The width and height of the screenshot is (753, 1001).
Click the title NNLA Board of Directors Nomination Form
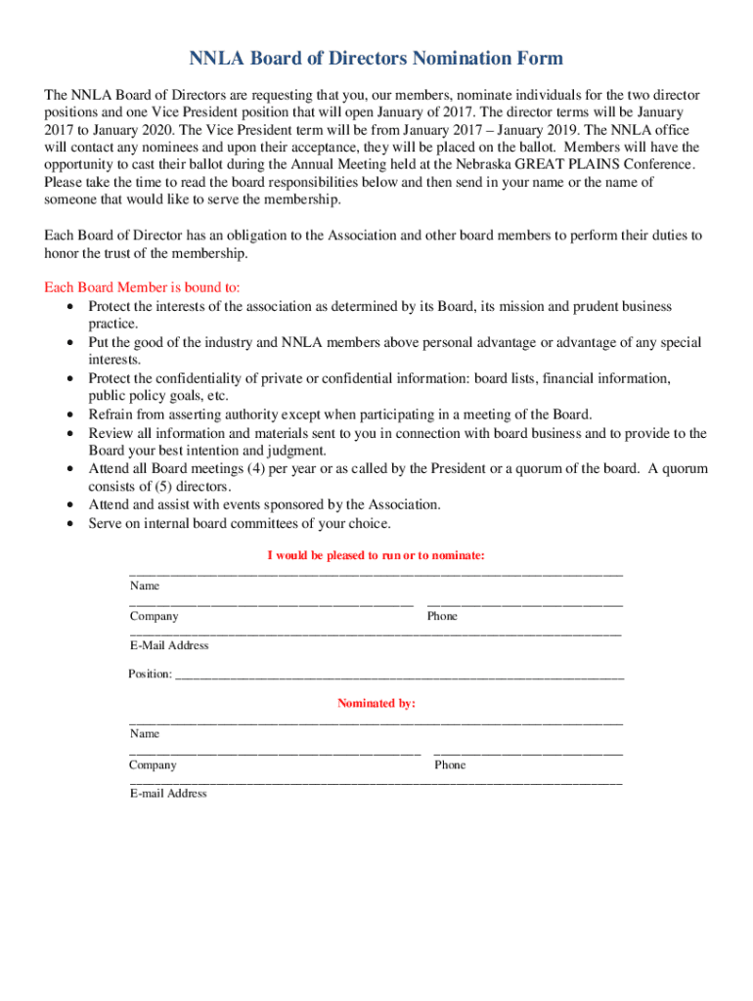pos(376,59)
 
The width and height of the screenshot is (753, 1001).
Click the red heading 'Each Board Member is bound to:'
pos(142,287)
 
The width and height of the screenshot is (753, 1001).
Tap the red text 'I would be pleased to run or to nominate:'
pos(376,555)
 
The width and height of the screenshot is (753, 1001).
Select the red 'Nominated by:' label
pos(376,703)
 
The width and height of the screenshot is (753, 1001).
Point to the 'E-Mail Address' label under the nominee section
pos(169,645)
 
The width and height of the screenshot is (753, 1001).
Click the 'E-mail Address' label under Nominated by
pos(168,793)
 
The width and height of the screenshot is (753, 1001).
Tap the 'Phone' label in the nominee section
pos(442,616)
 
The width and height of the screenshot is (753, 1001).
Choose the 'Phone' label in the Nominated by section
pos(450,764)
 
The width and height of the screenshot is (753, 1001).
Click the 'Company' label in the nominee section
pos(155,616)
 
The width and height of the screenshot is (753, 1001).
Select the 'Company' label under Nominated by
pos(154,764)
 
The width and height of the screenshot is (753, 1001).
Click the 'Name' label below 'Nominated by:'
pos(145,733)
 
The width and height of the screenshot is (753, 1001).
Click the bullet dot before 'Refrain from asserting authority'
pos(70,414)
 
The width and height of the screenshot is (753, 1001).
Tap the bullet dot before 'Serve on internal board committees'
pos(70,523)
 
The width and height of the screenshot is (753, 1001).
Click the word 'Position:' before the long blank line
pos(150,675)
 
